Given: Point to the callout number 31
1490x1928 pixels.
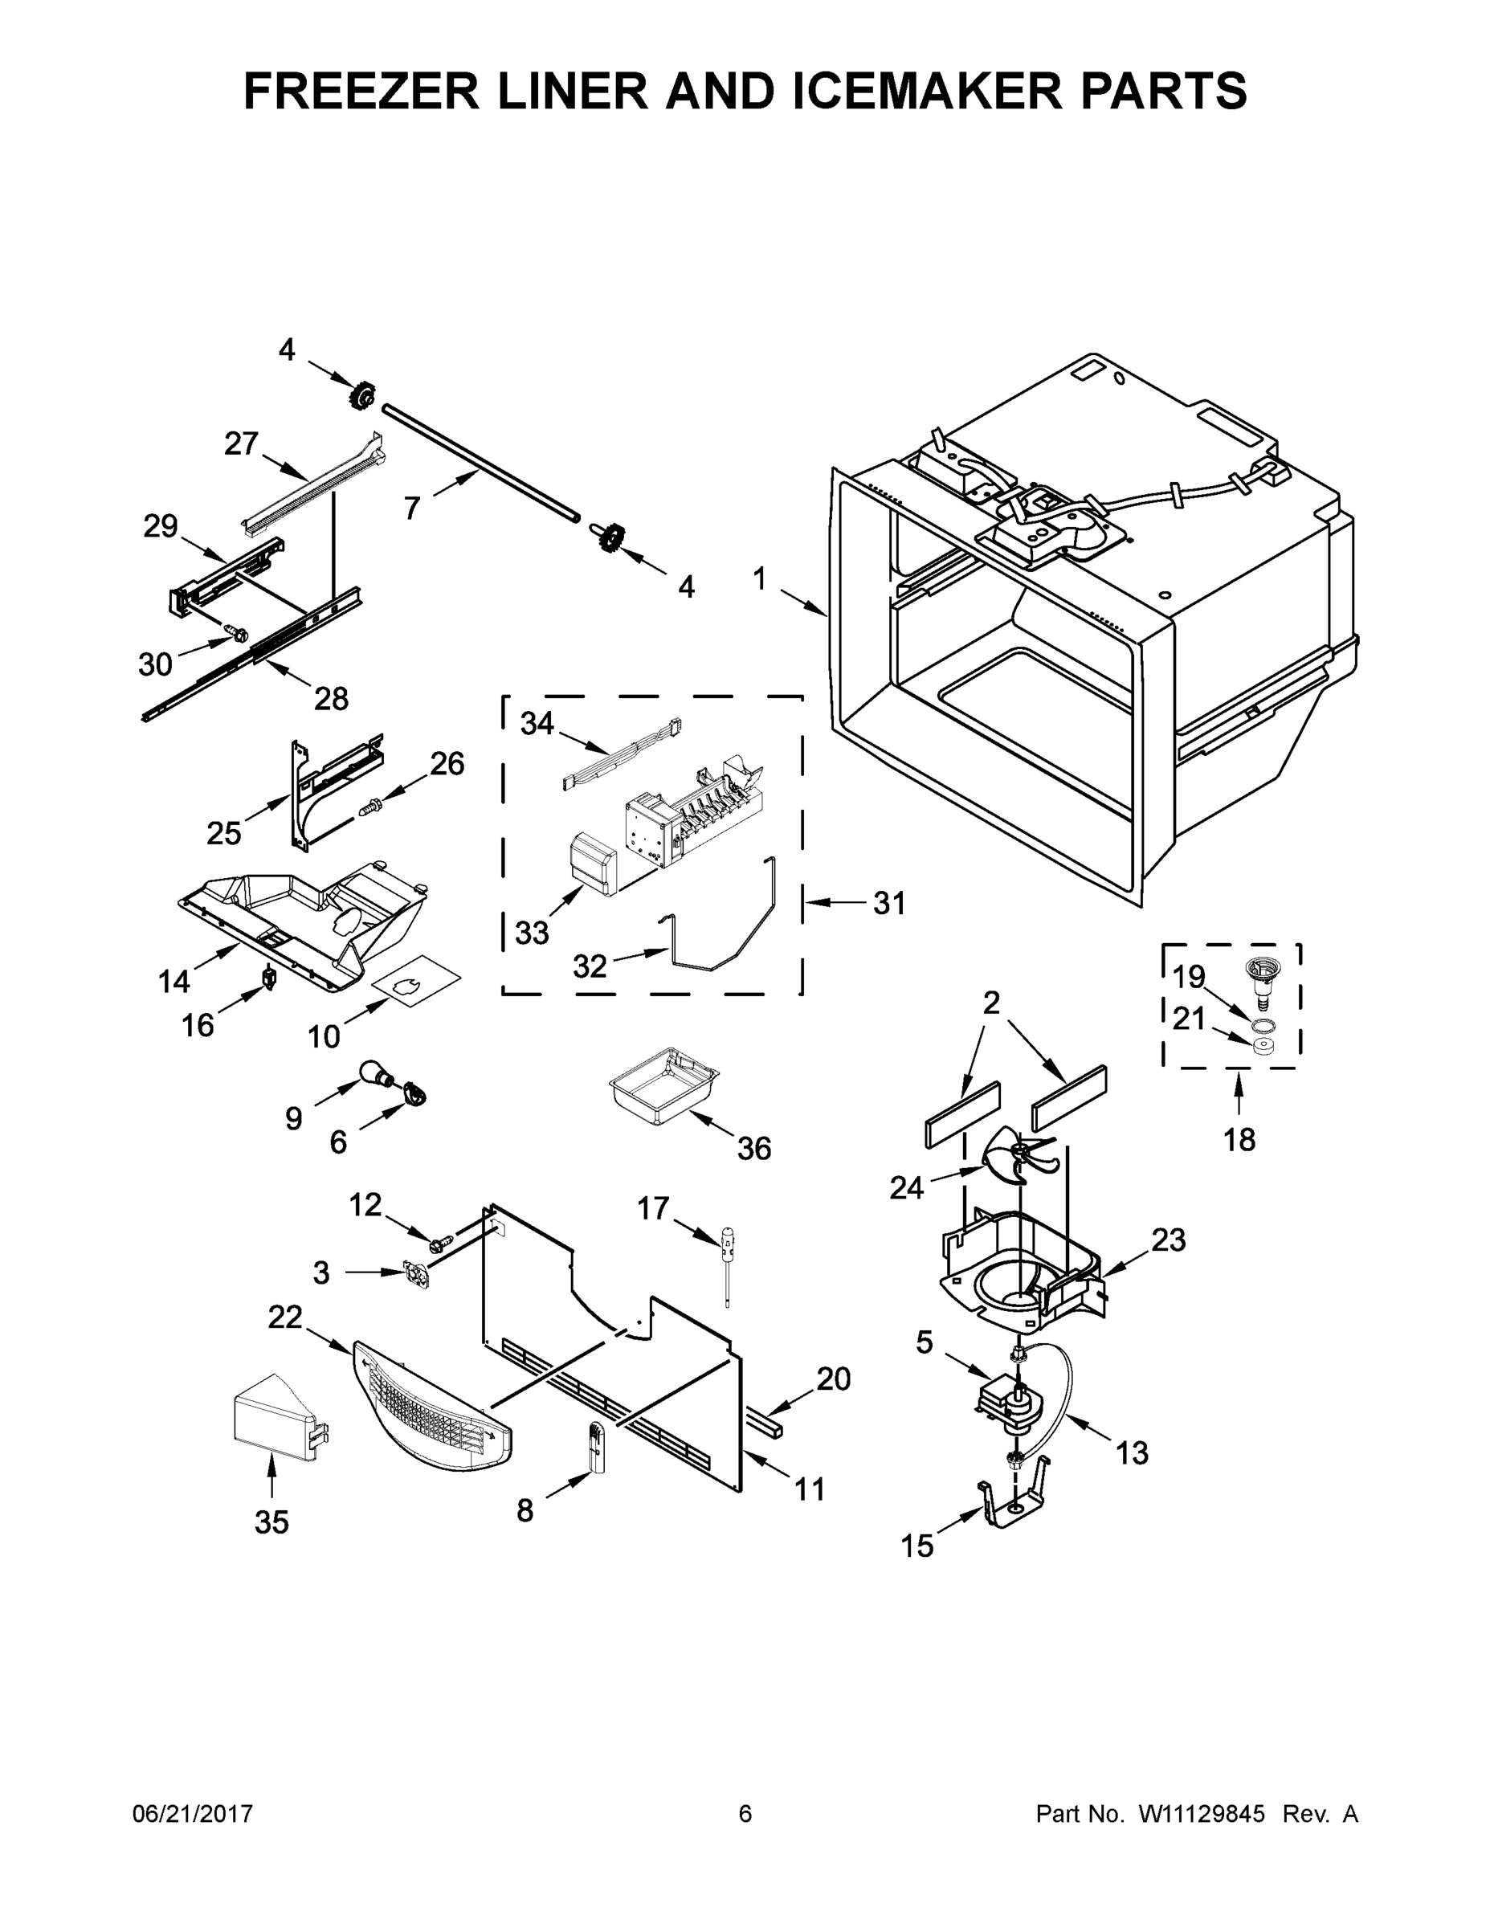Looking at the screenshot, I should click(889, 903).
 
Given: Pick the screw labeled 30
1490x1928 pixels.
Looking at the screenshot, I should click(235, 632).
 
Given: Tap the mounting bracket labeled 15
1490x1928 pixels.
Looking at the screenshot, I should click(1014, 1508).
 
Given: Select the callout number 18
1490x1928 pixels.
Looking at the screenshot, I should click(1239, 1140).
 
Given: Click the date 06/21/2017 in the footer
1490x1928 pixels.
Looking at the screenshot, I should click(193, 1813).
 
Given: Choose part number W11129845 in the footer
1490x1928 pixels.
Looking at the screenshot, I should click(1202, 1813).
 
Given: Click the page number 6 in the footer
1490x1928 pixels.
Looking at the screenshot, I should click(745, 1813).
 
